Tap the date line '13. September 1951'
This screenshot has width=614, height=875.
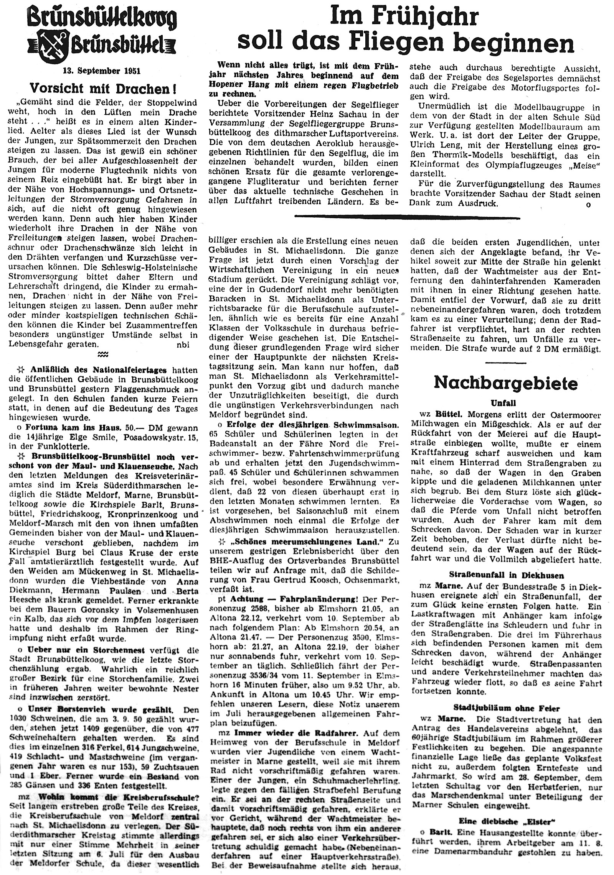click(x=102, y=71)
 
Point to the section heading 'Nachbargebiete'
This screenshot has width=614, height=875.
click(x=505, y=383)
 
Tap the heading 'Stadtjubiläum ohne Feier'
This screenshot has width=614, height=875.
click(x=505, y=708)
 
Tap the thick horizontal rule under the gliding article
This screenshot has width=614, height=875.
click(x=407, y=217)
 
